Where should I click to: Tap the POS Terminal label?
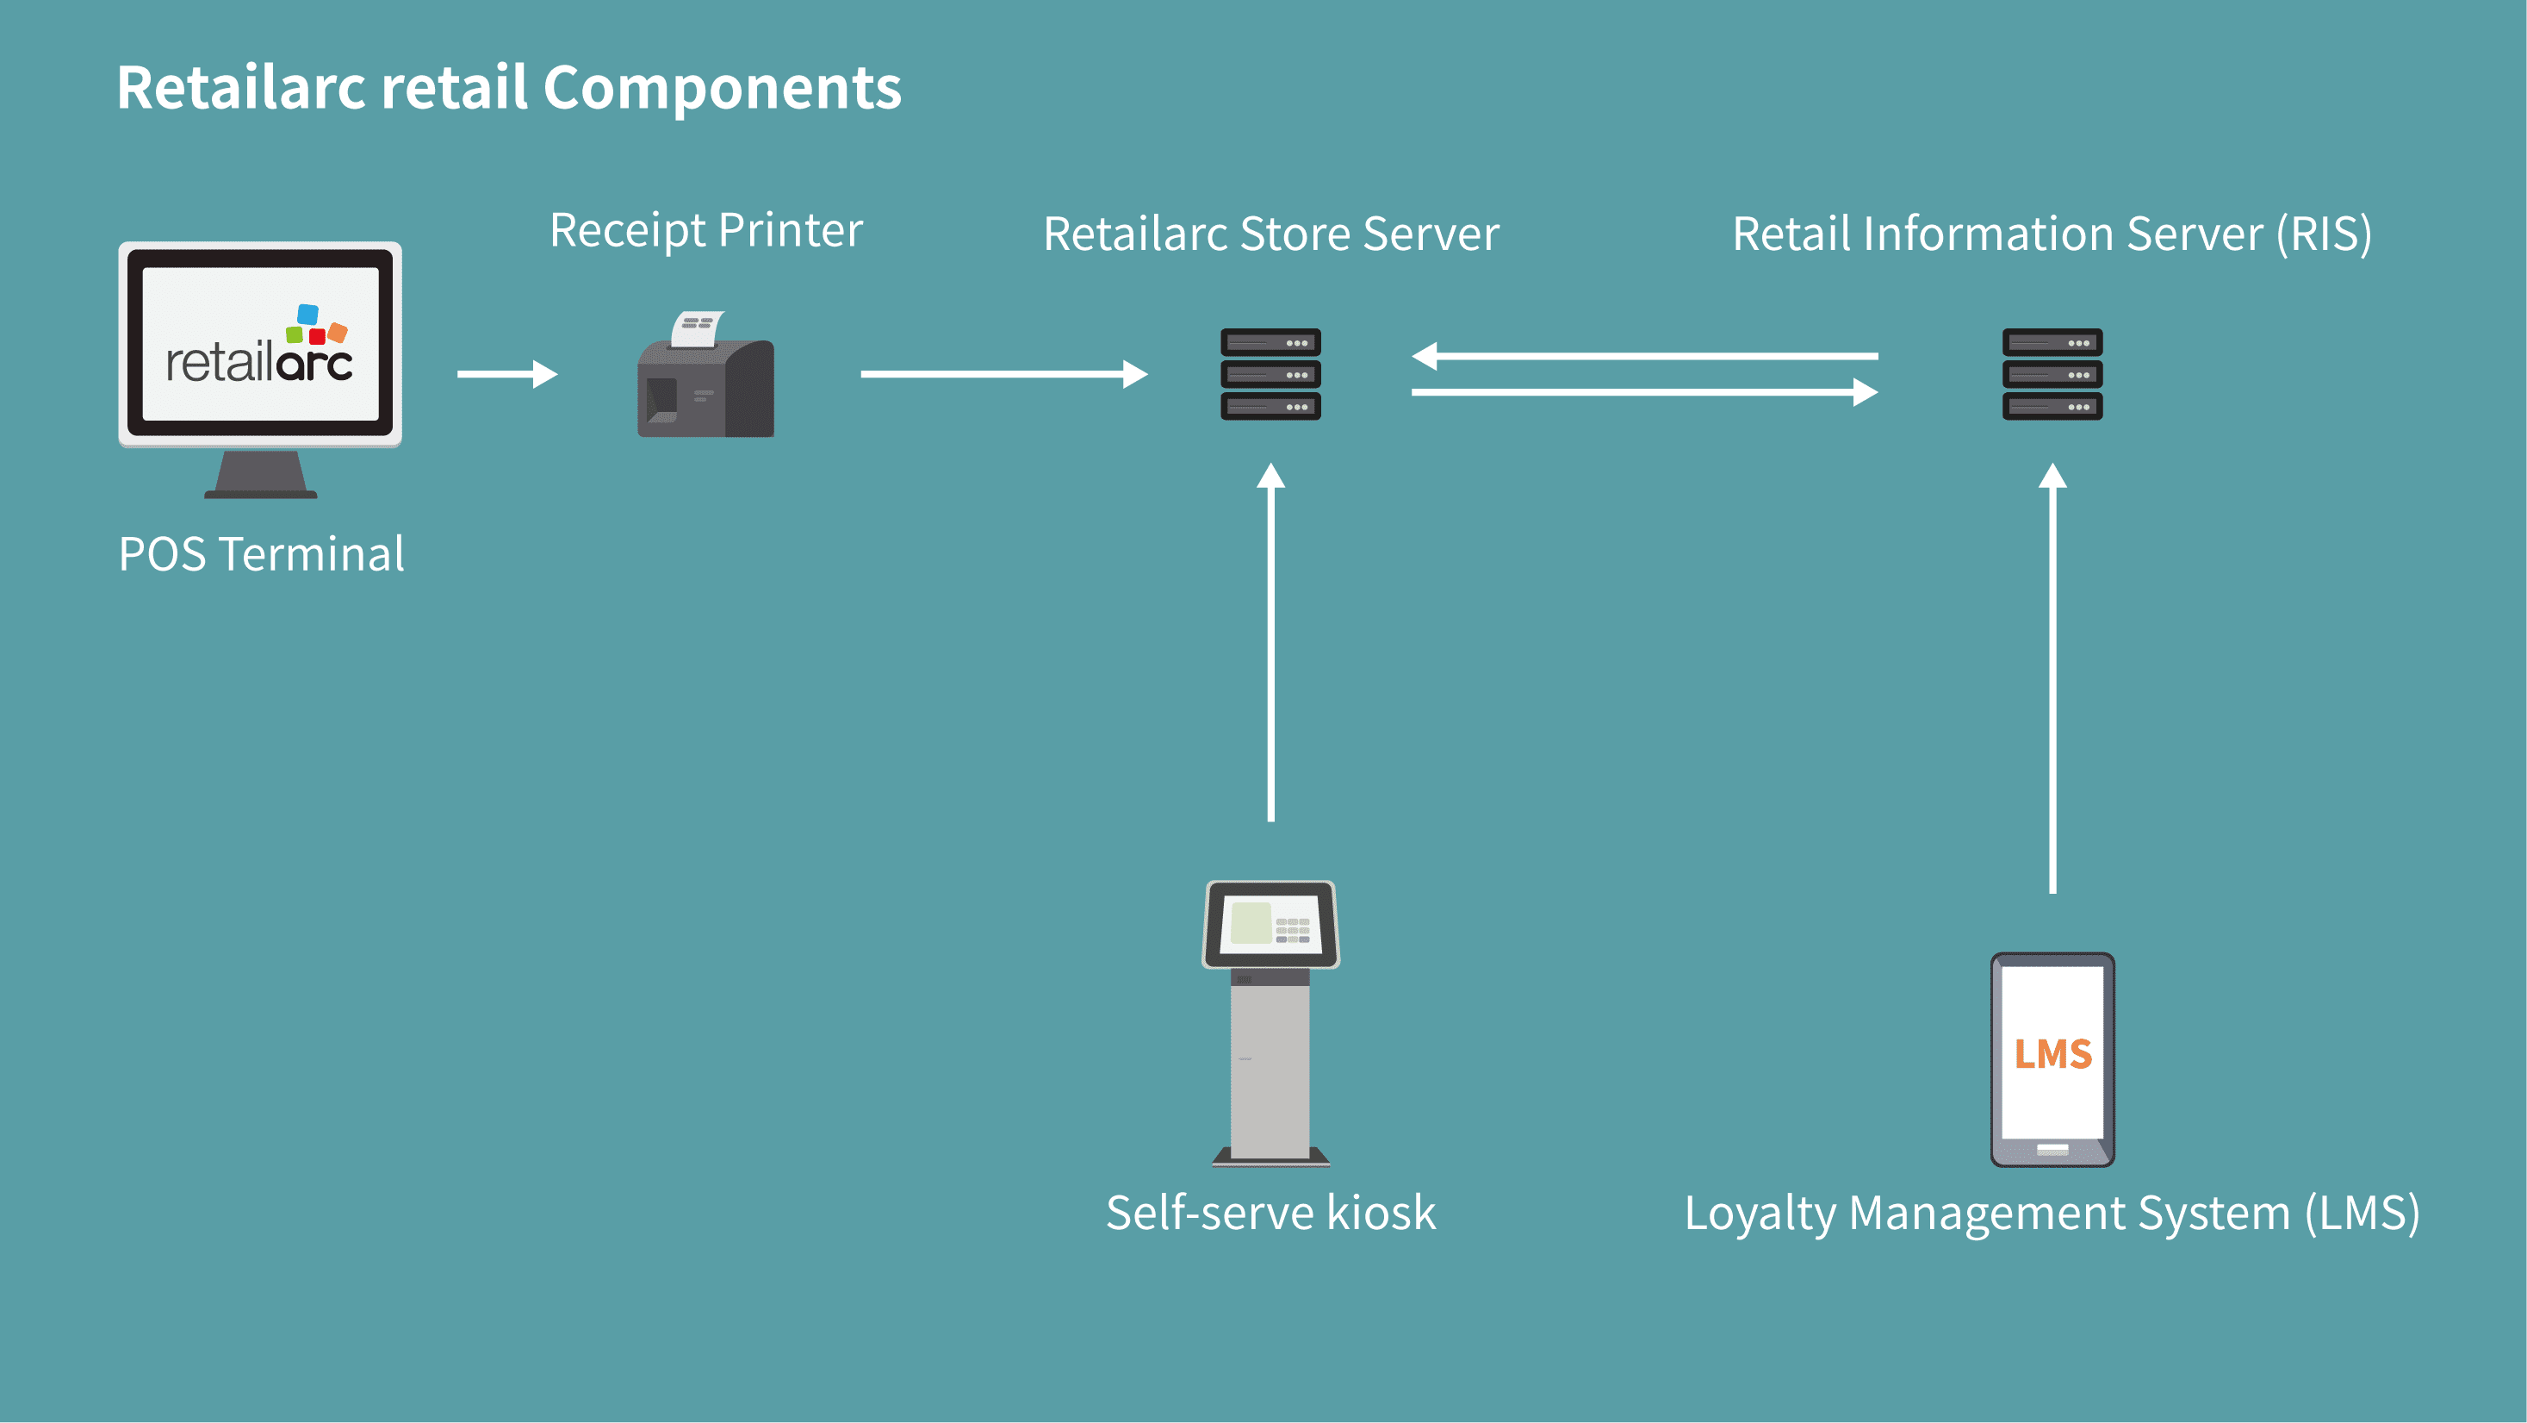tap(261, 554)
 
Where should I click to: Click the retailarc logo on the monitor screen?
tap(260, 348)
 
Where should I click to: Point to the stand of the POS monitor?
tap(260, 475)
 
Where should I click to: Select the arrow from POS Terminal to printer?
tap(506, 374)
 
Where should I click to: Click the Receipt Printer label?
tap(705, 232)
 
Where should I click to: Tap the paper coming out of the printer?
tap(698, 328)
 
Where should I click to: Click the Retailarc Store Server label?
tap(1270, 234)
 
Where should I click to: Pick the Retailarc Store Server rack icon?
tap(1270, 374)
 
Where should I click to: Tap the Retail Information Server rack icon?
tap(2052, 374)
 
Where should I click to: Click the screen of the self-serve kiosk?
tap(1270, 923)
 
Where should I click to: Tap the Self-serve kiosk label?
tap(1270, 1213)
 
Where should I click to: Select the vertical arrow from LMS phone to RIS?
tap(2052, 677)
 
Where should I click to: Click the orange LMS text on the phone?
tap(2052, 1054)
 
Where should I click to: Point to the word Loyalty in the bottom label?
tap(1759, 1215)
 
